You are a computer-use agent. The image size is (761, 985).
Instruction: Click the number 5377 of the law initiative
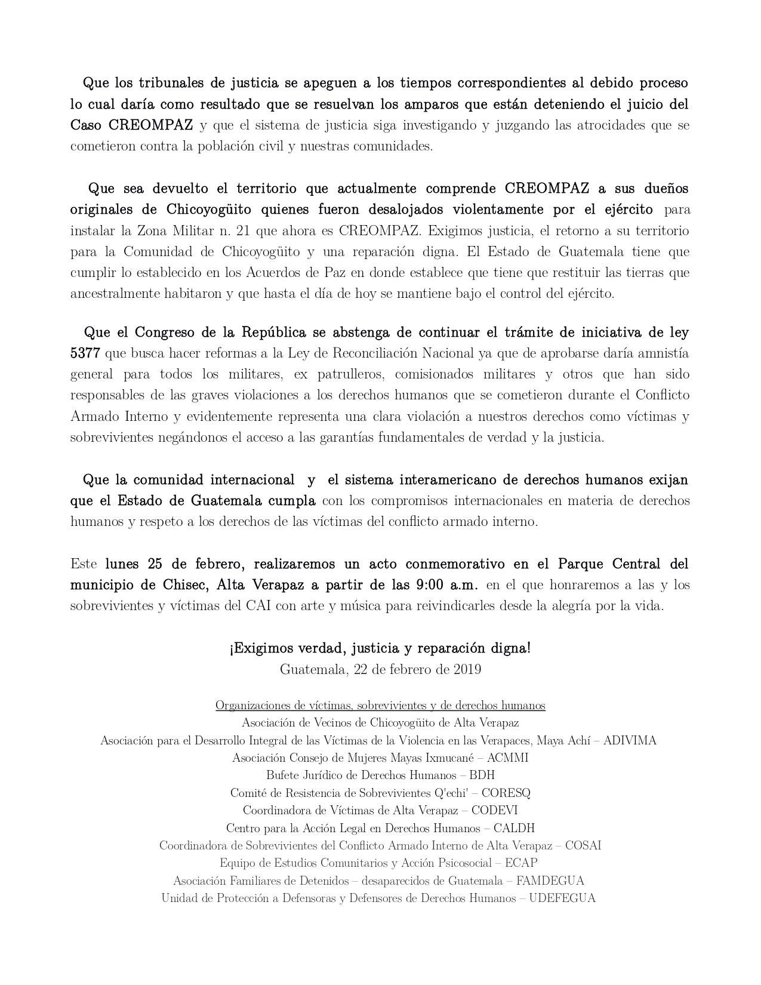coord(85,353)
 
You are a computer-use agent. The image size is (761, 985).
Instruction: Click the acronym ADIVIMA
coord(630,741)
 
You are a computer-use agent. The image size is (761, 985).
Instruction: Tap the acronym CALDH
coord(514,829)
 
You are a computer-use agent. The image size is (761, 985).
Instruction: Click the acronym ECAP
coord(520,863)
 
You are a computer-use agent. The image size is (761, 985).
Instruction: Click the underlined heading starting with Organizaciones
coord(380,706)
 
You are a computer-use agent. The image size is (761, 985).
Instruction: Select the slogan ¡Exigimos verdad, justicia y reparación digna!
coord(380,648)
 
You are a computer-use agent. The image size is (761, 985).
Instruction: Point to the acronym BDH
coord(482,775)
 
